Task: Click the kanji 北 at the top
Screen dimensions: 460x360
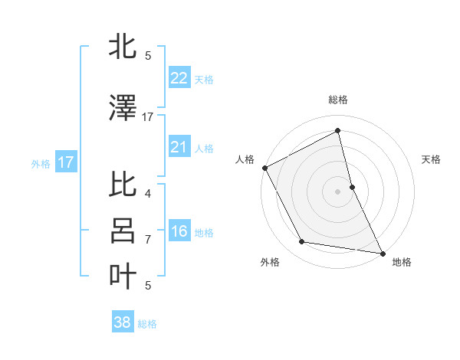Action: pyautogui.click(x=123, y=47)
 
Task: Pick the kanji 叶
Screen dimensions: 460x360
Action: pyautogui.click(x=123, y=276)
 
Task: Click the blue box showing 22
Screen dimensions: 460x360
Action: pyautogui.click(x=179, y=78)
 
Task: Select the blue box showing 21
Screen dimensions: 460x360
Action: pyautogui.click(x=179, y=147)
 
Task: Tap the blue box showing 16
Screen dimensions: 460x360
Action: pyautogui.click(x=179, y=231)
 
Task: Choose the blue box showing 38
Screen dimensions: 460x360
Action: pyautogui.click(x=122, y=322)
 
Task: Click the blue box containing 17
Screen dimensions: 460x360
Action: pyautogui.click(x=65, y=162)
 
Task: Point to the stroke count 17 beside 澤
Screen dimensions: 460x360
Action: pyautogui.click(x=148, y=117)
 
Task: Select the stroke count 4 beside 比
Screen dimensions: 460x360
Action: pyautogui.click(x=148, y=194)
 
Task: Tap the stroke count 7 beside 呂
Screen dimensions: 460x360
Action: pyautogui.click(x=148, y=240)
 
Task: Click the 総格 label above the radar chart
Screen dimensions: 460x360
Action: pyautogui.click(x=338, y=100)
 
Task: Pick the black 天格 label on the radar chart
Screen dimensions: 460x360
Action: pyautogui.click(x=432, y=159)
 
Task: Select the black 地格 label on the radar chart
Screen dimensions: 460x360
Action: pyautogui.click(x=402, y=262)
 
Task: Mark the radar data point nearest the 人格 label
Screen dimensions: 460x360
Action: pyautogui.click(x=264, y=167)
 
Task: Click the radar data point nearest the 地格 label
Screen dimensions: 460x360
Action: pyautogui.click(x=382, y=253)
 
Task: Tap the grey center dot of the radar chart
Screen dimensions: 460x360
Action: pyautogui.click(x=338, y=191)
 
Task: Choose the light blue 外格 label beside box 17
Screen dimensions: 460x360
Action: pyautogui.click(x=41, y=163)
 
